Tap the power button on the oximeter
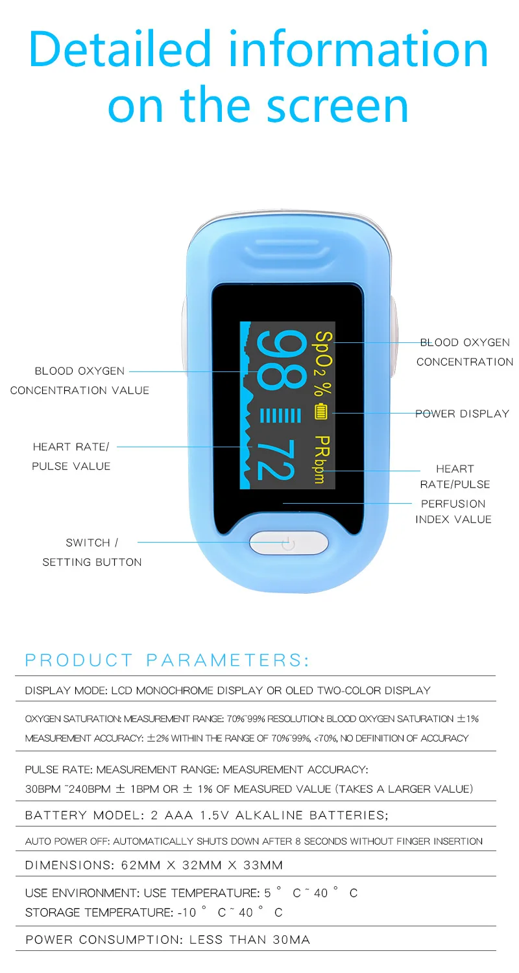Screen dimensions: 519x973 289,543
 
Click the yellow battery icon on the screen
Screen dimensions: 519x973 322,412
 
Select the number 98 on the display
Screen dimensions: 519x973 281,360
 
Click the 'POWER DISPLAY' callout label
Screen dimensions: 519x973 462,414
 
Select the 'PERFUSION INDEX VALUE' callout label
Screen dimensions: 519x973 453,511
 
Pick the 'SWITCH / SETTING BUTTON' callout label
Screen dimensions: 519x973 92,552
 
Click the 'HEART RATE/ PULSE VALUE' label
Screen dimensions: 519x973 71,456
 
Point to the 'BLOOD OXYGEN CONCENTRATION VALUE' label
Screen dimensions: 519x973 79,381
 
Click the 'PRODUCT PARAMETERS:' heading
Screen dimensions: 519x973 167,661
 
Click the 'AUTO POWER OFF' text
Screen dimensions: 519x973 66,841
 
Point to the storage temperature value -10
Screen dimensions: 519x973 187,913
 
